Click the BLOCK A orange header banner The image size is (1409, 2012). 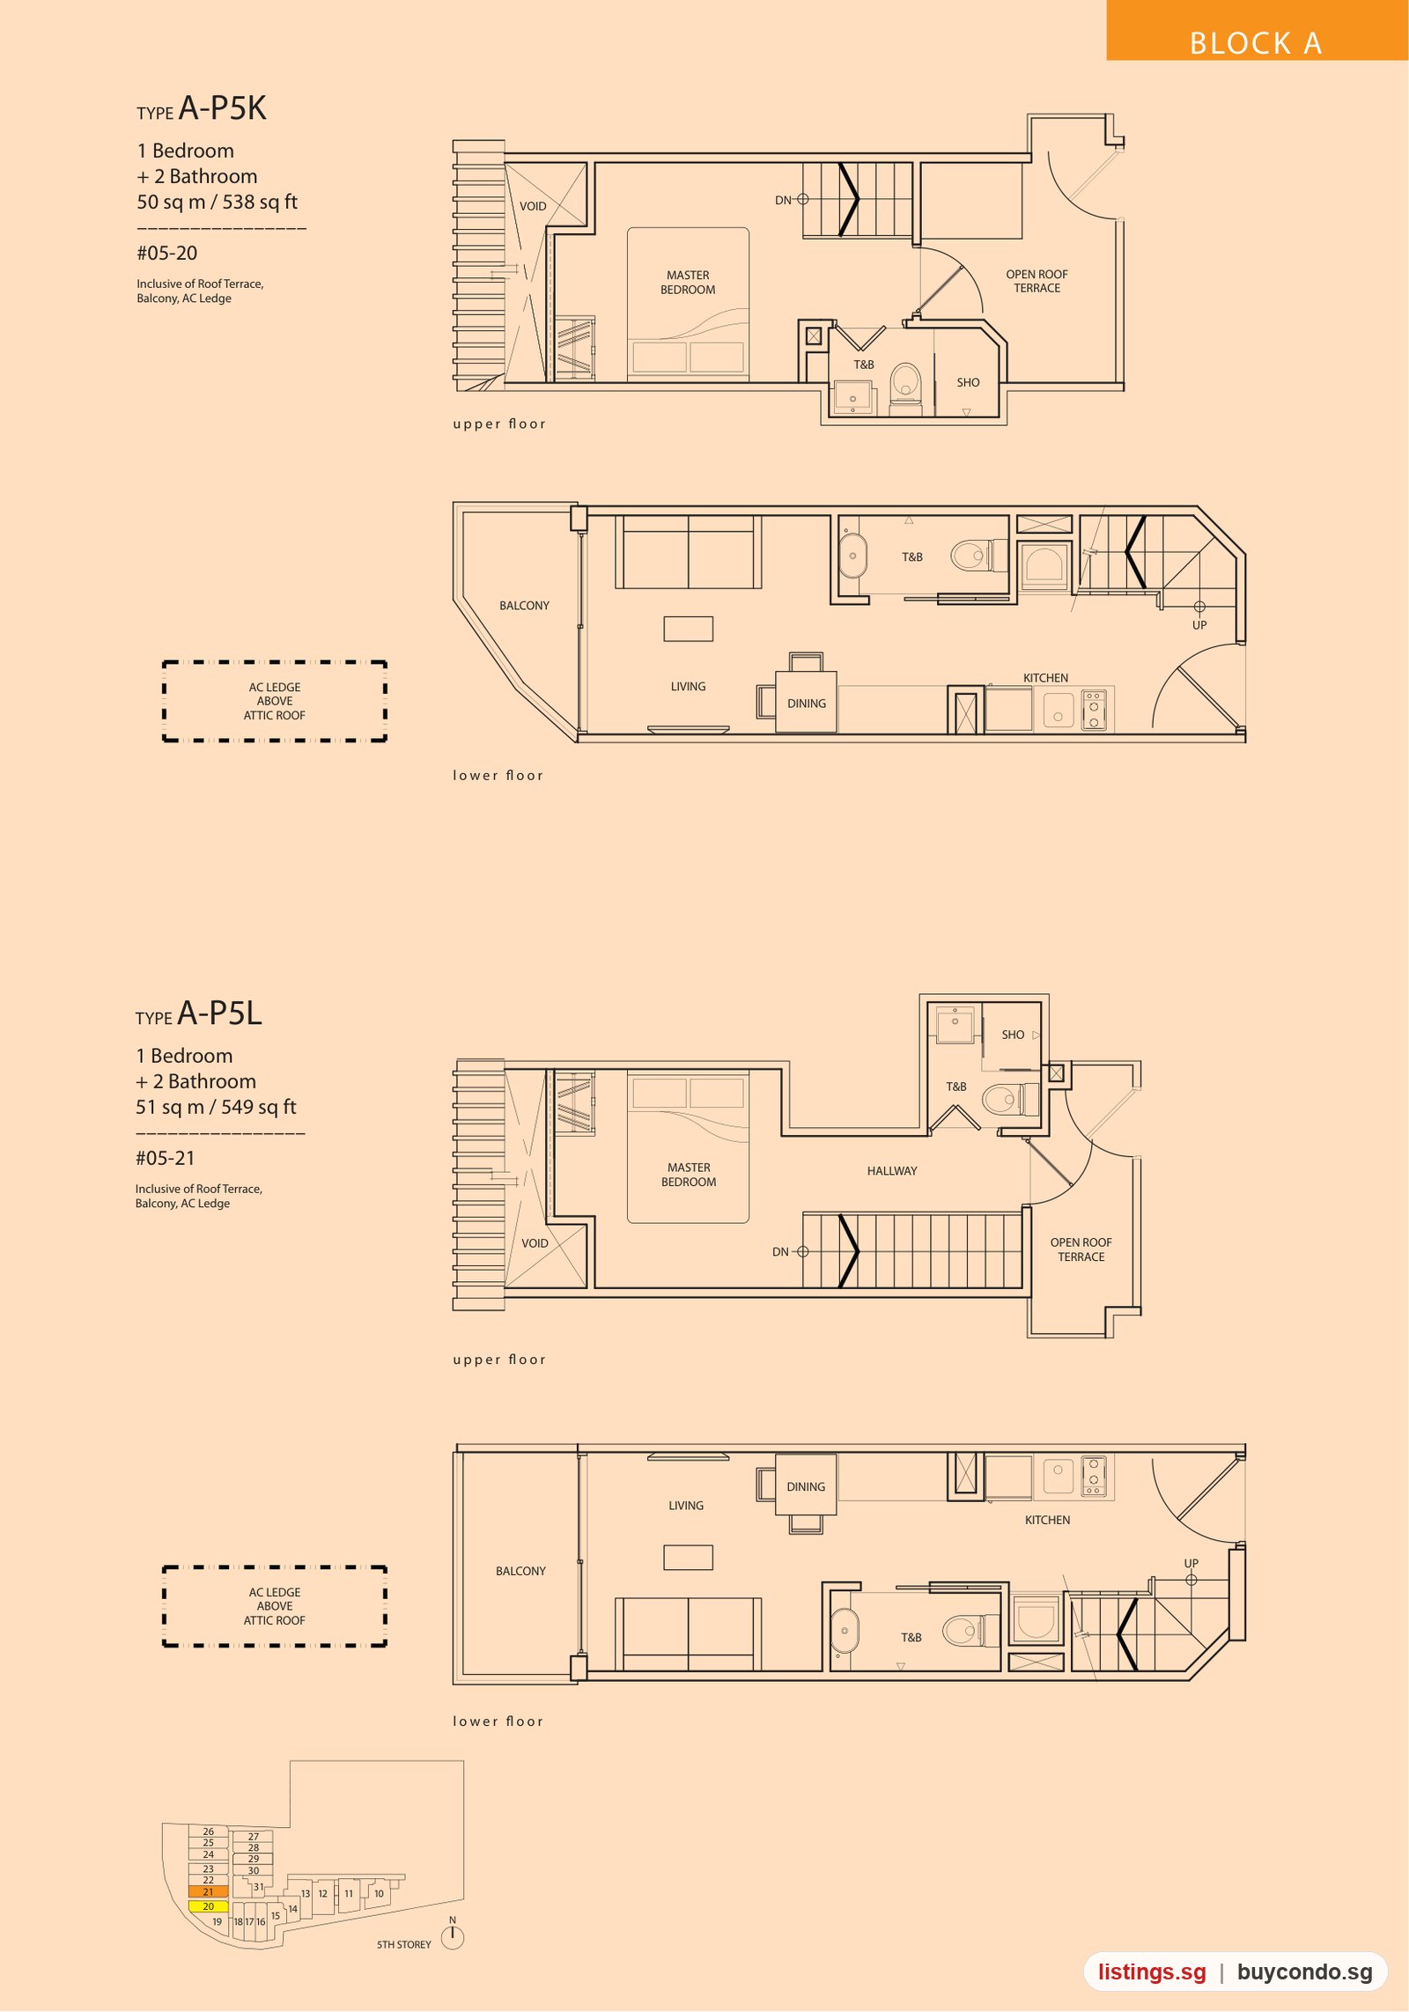(1257, 30)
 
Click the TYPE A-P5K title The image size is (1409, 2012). (201, 108)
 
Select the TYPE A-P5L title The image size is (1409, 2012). (199, 1013)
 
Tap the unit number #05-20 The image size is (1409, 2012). (166, 254)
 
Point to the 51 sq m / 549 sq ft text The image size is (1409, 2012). (216, 1107)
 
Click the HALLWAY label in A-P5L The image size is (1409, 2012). (891, 1171)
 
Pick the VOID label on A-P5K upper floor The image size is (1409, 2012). (533, 206)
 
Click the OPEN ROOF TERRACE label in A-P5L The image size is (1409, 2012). (1081, 1249)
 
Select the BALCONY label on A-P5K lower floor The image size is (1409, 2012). (524, 606)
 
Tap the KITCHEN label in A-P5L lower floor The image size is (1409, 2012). (1047, 1520)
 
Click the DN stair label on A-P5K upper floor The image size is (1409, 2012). (783, 201)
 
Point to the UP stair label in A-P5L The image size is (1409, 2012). (1191, 1563)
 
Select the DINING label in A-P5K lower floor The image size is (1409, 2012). (807, 704)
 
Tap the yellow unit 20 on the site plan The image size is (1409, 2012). (208, 1906)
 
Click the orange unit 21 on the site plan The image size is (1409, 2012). (208, 1892)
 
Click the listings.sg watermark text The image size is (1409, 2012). (1152, 1972)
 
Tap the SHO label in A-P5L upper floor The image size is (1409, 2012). (1013, 1035)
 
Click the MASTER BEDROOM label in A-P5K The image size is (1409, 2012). (688, 283)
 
